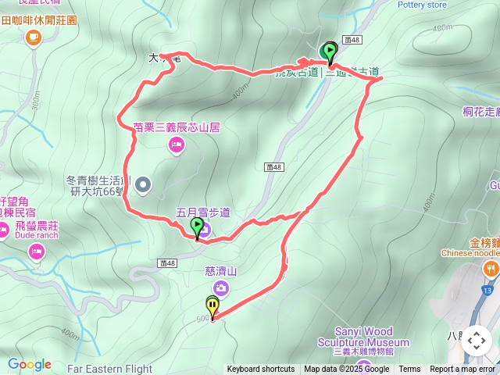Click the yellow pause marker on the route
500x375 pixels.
tap(212, 305)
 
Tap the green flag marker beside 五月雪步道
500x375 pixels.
tap(195, 226)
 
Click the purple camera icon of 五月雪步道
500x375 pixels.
tap(203, 227)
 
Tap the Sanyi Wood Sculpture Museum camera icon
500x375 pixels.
tap(363, 363)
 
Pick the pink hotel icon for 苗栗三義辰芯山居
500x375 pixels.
tap(177, 144)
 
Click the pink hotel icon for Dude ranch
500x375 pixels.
tap(35, 251)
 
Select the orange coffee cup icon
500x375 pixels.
tap(33, 37)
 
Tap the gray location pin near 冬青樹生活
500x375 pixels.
tap(143, 185)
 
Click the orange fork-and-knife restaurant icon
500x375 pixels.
tap(491, 268)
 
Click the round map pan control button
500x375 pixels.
tap(476, 340)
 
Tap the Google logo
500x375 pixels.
tap(29, 364)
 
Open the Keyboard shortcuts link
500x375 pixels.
tap(261, 370)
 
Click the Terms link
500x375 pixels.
tap(409, 370)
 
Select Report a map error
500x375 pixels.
tap(462, 370)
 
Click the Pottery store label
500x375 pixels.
tap(422, 5)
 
